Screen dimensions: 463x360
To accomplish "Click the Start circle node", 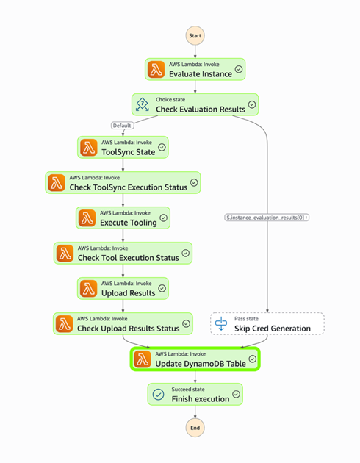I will (195, 35).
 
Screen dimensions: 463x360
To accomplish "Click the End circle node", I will (195, 428).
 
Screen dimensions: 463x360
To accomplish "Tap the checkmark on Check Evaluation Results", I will (252, 104).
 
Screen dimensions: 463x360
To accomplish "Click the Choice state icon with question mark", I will (143, 104).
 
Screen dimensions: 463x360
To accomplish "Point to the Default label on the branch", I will (123, 125).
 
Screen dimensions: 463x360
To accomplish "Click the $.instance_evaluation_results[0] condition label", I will (267, 217).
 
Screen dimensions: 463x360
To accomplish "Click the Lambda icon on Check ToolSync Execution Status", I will (57, 182).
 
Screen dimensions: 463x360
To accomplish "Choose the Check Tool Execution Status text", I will (128, 258).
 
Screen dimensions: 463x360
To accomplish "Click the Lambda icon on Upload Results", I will (89, 288).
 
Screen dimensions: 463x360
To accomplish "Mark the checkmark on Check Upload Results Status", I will (185, 323).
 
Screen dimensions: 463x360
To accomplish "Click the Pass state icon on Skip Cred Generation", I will (222, 323).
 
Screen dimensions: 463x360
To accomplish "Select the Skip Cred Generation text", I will (273, 329).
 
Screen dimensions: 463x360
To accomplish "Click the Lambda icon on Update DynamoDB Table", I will (143, 359).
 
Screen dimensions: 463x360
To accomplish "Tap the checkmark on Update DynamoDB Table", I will (252, 359).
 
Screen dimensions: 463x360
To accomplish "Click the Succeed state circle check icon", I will (159, 394).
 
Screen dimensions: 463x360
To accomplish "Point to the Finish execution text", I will (201, 399).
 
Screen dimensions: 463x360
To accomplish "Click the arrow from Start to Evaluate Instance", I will (195, 51).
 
